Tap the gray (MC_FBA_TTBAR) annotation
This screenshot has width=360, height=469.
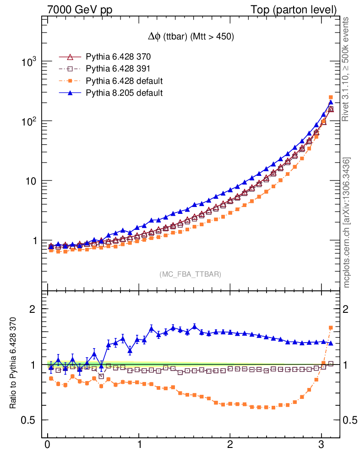191,274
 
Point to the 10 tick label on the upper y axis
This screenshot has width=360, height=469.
31,181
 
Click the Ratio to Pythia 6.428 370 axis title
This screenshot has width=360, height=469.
13,363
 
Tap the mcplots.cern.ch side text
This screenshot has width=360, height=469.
347,223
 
